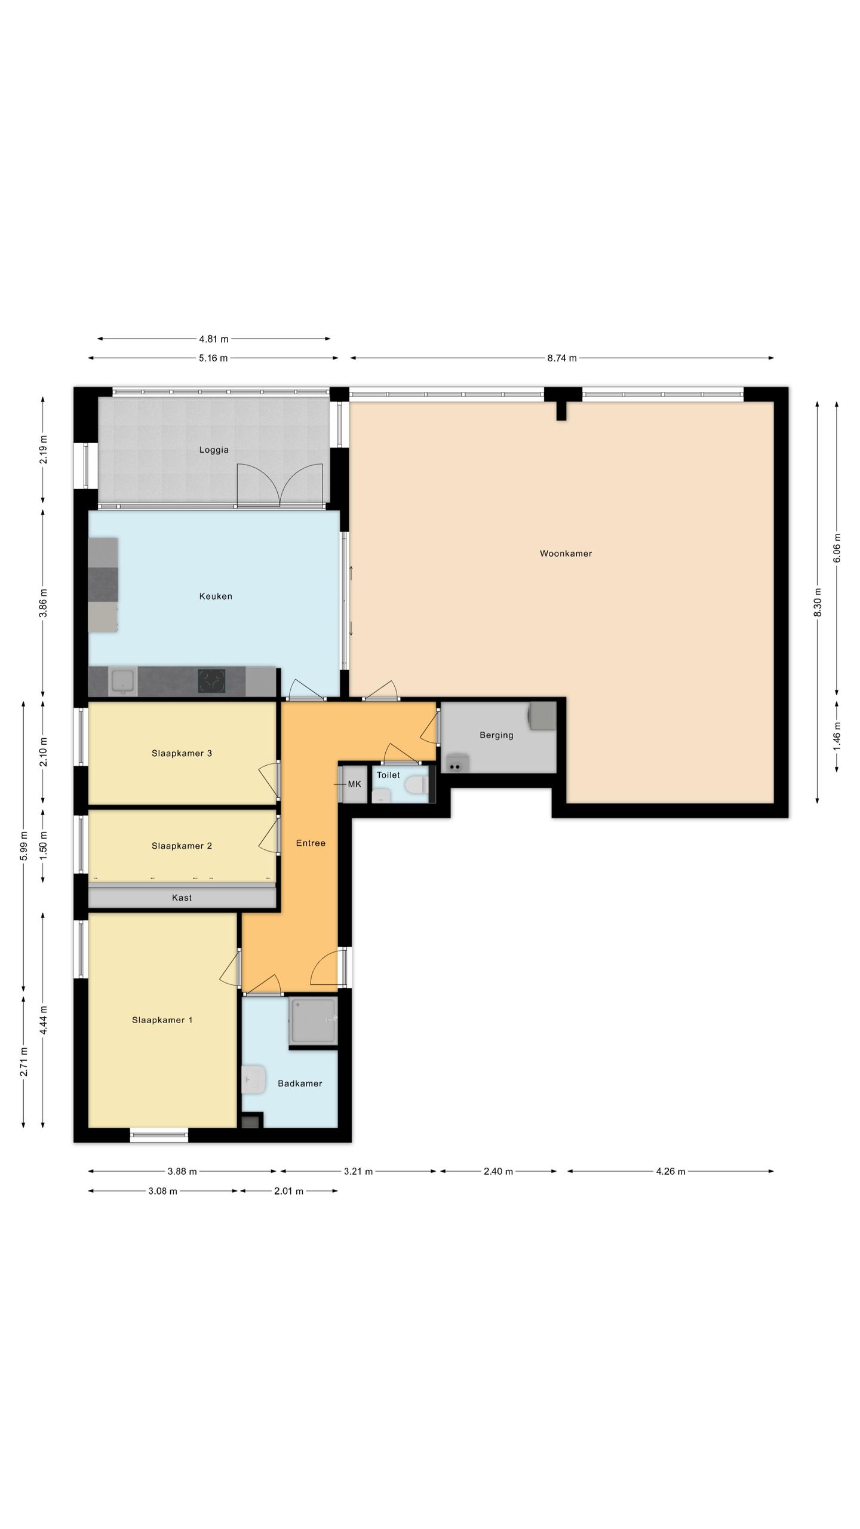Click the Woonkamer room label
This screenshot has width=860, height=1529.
[x=566, y=554]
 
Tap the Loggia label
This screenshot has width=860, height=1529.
[x=214, y=450]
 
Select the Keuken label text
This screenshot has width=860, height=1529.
[x=216, y=596]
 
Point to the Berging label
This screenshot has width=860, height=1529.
[x=496, y=735]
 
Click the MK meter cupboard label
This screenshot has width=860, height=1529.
[x=355, y=784]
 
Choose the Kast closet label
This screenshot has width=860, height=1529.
[x=182, y=898]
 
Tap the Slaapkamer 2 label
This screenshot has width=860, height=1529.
[x=182, y=846]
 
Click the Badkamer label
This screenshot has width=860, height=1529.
[x=300, y=1083]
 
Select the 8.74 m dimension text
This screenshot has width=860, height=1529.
[x=562, y=358]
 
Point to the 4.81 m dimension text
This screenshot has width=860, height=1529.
[x=214, y=339]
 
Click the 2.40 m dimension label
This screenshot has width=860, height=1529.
[x=498, y=1172]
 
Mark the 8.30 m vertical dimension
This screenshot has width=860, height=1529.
[x=818, y=603]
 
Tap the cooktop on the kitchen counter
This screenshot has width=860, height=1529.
[x=212, y=681]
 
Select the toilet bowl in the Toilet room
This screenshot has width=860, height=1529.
[x=416, y=784]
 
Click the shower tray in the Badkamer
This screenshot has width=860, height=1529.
[x=314, y=1021]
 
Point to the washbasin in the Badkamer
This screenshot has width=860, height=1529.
[x=254, y=1080]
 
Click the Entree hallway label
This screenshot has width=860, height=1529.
[x=311, y=843]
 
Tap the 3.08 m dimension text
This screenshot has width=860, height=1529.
[x=163, y=1191]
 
